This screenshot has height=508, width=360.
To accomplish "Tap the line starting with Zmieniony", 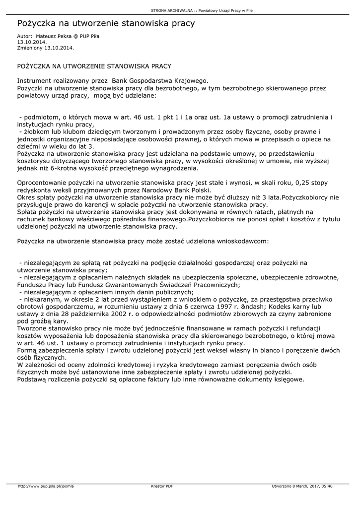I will pos(45,48).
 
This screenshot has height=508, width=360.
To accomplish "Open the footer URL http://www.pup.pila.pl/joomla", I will pos(46,486).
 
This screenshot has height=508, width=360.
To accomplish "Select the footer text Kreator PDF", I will pos(162,486).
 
